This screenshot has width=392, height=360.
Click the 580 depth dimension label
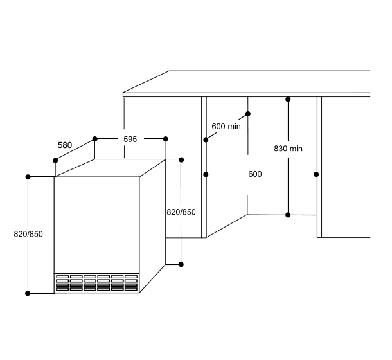(65, 145)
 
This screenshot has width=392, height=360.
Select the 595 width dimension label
(130, 139)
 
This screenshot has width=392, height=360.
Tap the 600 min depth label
(226, 127)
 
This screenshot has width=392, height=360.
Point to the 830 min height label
(288, 148)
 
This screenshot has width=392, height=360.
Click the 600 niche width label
(255, 174)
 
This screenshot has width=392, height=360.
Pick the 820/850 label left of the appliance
(28, 234)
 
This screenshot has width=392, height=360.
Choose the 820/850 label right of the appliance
(181, 212)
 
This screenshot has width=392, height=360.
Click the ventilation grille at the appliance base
(96, 283)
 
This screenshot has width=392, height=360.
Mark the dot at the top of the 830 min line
(288, 99)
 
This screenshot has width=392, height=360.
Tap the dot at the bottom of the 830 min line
(288, 215)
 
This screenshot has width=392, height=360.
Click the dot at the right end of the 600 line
(316, 174)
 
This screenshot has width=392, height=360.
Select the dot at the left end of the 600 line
(206, 174)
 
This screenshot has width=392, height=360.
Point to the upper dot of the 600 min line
(248, 114)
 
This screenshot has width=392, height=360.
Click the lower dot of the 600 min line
(206, 140)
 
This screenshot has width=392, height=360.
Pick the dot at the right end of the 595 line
(166, 139)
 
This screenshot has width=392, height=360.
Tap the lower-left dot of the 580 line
(55, 161)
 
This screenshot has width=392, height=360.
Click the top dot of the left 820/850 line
(28, 177)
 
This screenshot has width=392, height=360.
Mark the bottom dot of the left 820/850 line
(28, 293)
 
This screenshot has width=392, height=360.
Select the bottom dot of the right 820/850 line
(181, 264)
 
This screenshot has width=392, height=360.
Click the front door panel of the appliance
(96, 225)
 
